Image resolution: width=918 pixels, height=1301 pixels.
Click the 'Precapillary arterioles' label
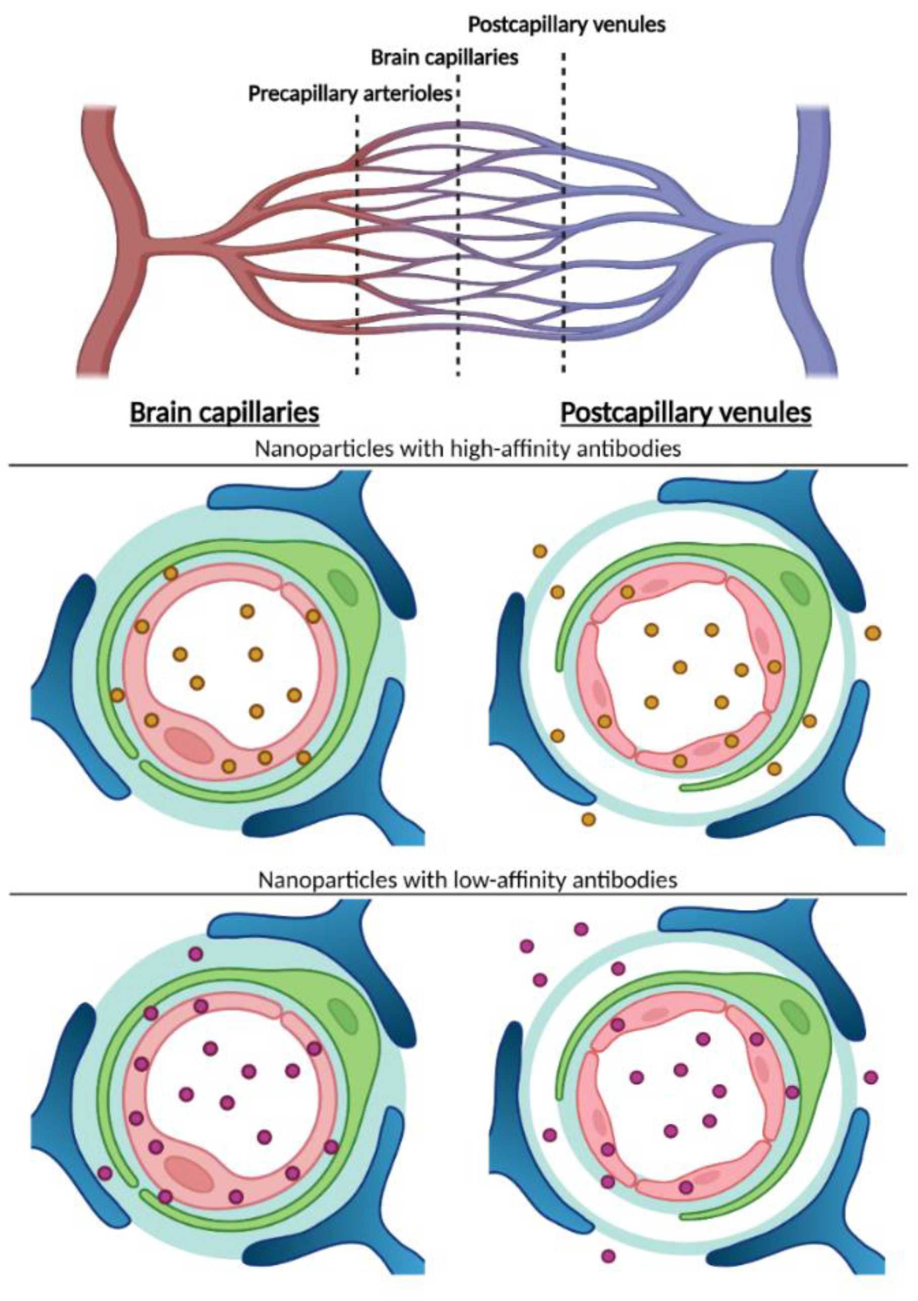pyautogui.click(x=350, y=93)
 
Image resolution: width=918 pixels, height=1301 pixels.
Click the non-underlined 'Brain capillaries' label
pyautogui.click(x=444, y=57)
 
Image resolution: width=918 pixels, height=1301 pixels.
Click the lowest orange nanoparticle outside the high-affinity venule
pyautogui.click(x=588, y=820)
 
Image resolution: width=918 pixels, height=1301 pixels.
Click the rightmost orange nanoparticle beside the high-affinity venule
pyautogui.click(x=873, y=633)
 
